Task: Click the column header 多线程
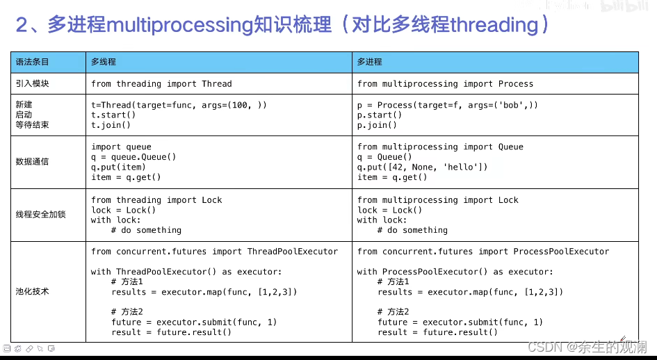[x=104, y=62]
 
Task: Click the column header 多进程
[x=370, y=62]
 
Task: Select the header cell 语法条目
[x=33, y=62]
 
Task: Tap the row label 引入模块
[x=33, y=83]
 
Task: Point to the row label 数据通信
[x=33, y=162]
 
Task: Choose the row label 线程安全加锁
[x=40, y=215]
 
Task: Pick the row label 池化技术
[x=33, y=291]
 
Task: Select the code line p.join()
[x=377, y=125]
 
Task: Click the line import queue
[x=121, y=147]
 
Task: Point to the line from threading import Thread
[x=161, y=83]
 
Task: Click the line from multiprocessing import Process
[x=445, y=83]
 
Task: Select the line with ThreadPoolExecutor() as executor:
[x=186, y=272]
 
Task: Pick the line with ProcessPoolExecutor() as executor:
[x=455, y=272]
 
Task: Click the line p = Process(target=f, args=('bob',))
[x=448, y=104]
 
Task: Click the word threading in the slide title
[x=494, y=25]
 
